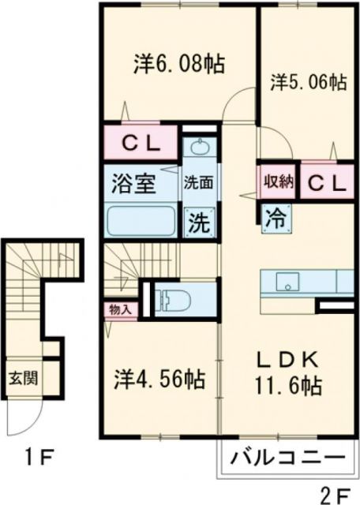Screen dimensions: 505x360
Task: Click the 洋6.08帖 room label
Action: [178, 64]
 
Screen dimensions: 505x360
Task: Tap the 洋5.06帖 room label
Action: [309, 81]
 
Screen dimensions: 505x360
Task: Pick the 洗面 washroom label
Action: [197, 182]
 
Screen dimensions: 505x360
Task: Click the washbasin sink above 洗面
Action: [198, 149]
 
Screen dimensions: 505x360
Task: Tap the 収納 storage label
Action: [277, 181]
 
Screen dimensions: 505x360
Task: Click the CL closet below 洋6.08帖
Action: [143, 144]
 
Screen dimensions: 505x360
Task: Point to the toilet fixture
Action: [169, 297]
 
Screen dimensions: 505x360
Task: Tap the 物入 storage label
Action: [120, 309]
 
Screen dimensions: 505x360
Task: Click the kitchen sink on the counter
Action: [286, 280]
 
